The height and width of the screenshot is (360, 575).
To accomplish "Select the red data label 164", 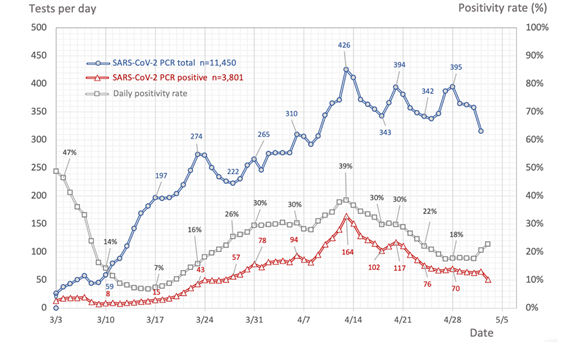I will (x=348, y=252).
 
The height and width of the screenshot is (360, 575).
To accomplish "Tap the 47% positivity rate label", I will (x=69, y=153).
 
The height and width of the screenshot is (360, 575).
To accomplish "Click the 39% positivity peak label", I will (x=346, y=166).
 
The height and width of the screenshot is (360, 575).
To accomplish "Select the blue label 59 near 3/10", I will (x=109, y=259).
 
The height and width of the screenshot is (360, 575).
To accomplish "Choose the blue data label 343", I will (x=385, y=132).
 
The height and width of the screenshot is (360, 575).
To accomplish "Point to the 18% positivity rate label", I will (x=457, y=235).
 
